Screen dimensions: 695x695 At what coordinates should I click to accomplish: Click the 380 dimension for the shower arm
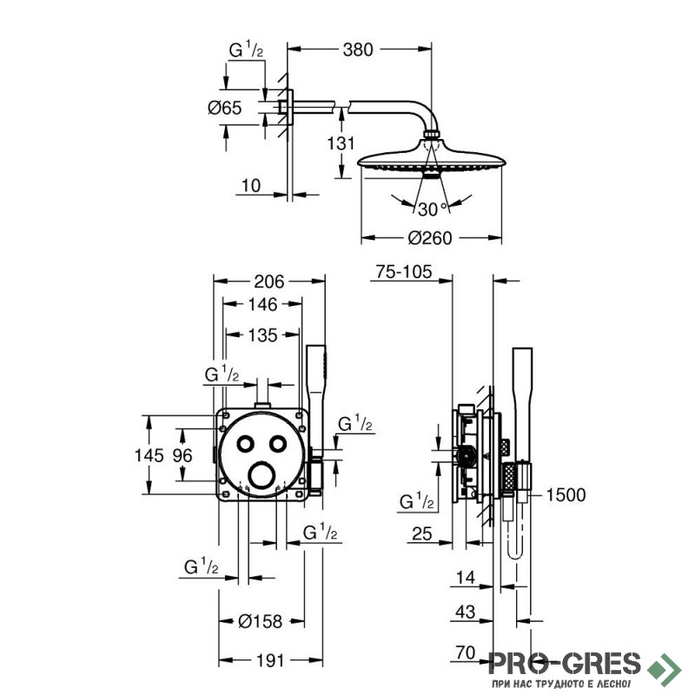358,50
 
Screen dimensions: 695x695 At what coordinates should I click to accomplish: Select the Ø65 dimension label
225,108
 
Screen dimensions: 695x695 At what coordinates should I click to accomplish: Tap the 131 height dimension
341,143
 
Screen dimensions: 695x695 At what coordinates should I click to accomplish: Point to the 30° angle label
433,209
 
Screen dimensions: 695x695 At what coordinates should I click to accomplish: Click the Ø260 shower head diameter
430,238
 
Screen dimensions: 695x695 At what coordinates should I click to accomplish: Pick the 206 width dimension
269,281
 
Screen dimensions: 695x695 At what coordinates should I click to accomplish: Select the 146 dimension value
262,305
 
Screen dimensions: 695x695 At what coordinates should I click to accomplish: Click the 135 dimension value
262,335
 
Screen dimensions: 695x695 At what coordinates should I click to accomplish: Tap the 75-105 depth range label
403,272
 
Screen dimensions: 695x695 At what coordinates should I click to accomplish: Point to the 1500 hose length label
566,495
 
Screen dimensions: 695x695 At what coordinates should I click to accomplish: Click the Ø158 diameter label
260,621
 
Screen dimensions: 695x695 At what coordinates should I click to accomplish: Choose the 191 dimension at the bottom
270,661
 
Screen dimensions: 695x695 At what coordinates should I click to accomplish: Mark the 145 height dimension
149,455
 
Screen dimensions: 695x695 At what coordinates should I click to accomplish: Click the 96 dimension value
182,455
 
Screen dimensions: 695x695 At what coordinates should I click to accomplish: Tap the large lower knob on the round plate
261,475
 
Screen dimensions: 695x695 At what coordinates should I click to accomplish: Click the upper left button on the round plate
245,444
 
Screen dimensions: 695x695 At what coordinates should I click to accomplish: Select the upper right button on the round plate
278,444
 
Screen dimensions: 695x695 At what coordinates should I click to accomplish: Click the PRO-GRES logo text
565,664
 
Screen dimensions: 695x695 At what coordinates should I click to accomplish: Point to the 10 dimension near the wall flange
251,186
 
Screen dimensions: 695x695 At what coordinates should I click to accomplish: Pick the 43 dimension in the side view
466,612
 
